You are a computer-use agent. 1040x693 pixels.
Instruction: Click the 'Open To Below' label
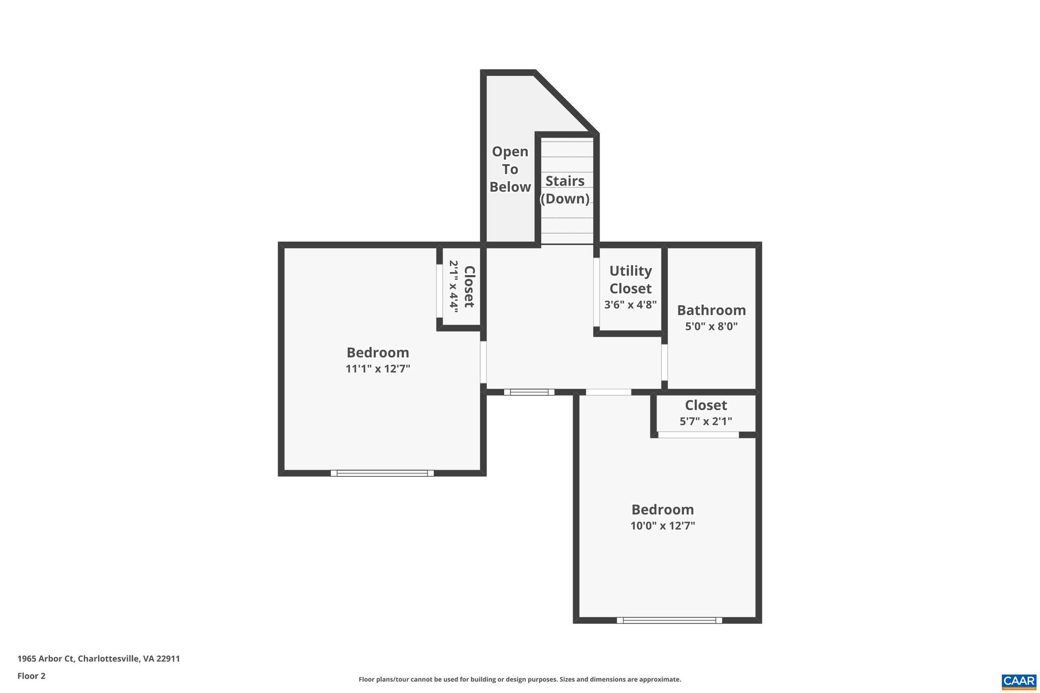coord(510,169)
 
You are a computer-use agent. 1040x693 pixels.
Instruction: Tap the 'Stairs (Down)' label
coord(565,189)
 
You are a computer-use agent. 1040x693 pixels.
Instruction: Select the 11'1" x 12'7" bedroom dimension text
coord(378,369)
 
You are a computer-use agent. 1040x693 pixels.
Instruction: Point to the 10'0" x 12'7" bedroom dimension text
coord(662,525)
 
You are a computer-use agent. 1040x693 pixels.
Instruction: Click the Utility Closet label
coord(630,279)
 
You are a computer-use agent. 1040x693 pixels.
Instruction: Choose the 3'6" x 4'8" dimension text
coord(630,305)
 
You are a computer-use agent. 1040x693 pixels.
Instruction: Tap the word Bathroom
coord(711,310)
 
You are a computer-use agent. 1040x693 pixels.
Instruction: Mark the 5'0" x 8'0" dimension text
coord(711,326)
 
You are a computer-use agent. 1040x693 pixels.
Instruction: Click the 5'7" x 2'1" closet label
coord(705,421)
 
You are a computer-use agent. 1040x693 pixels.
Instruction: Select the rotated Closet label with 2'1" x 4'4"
coord(462,287)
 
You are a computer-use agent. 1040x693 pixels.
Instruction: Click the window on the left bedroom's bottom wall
coord(382,473)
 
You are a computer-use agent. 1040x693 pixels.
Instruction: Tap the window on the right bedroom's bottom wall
coord(669,620)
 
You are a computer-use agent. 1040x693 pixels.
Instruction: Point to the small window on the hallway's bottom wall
coord(529,392)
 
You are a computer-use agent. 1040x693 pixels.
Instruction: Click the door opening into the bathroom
coord(664,362)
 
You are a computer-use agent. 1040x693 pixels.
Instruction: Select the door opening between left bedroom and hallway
coord(483,362)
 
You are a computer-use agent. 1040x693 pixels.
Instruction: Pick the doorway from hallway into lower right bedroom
coord(608,392)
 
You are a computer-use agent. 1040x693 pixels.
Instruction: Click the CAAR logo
coord(1019,681)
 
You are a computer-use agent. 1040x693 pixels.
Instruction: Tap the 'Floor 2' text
coord(31,676)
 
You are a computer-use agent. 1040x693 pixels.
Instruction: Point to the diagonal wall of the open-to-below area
coord(566,103)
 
